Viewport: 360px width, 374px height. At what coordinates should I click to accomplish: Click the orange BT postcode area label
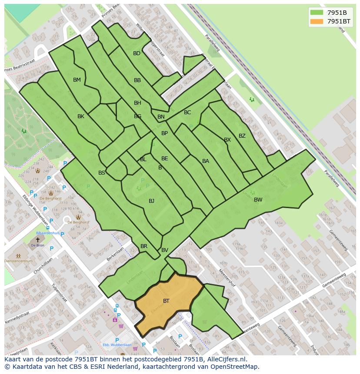tap(166, 301)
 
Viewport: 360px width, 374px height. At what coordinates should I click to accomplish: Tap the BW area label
tap(258, 200)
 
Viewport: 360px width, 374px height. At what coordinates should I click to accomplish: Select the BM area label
tap(77, 80)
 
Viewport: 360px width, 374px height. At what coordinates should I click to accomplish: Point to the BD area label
tap(137, 53)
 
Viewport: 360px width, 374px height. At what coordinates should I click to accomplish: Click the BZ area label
tap(242, 136)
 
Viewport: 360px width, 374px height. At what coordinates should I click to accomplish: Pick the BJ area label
tap(151, 201)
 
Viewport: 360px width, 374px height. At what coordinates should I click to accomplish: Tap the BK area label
tap(81, 116)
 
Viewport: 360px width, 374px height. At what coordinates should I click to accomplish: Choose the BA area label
tap(206, 161)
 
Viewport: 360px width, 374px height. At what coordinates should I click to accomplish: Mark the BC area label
tap(187, 113)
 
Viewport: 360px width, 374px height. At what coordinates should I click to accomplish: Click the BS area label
tap(102, 173)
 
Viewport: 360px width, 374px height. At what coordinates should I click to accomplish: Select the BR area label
tap(144, 246)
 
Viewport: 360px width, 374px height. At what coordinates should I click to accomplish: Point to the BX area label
tap(227, 140)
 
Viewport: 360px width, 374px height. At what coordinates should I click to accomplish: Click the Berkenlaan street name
tap(115, 255)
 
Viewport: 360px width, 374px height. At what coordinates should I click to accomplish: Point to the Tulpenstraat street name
tap(59, 293)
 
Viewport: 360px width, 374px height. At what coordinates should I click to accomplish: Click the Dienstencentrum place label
tap(18, 261)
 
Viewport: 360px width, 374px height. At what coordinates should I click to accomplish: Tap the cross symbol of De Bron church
tap(38, 239)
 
